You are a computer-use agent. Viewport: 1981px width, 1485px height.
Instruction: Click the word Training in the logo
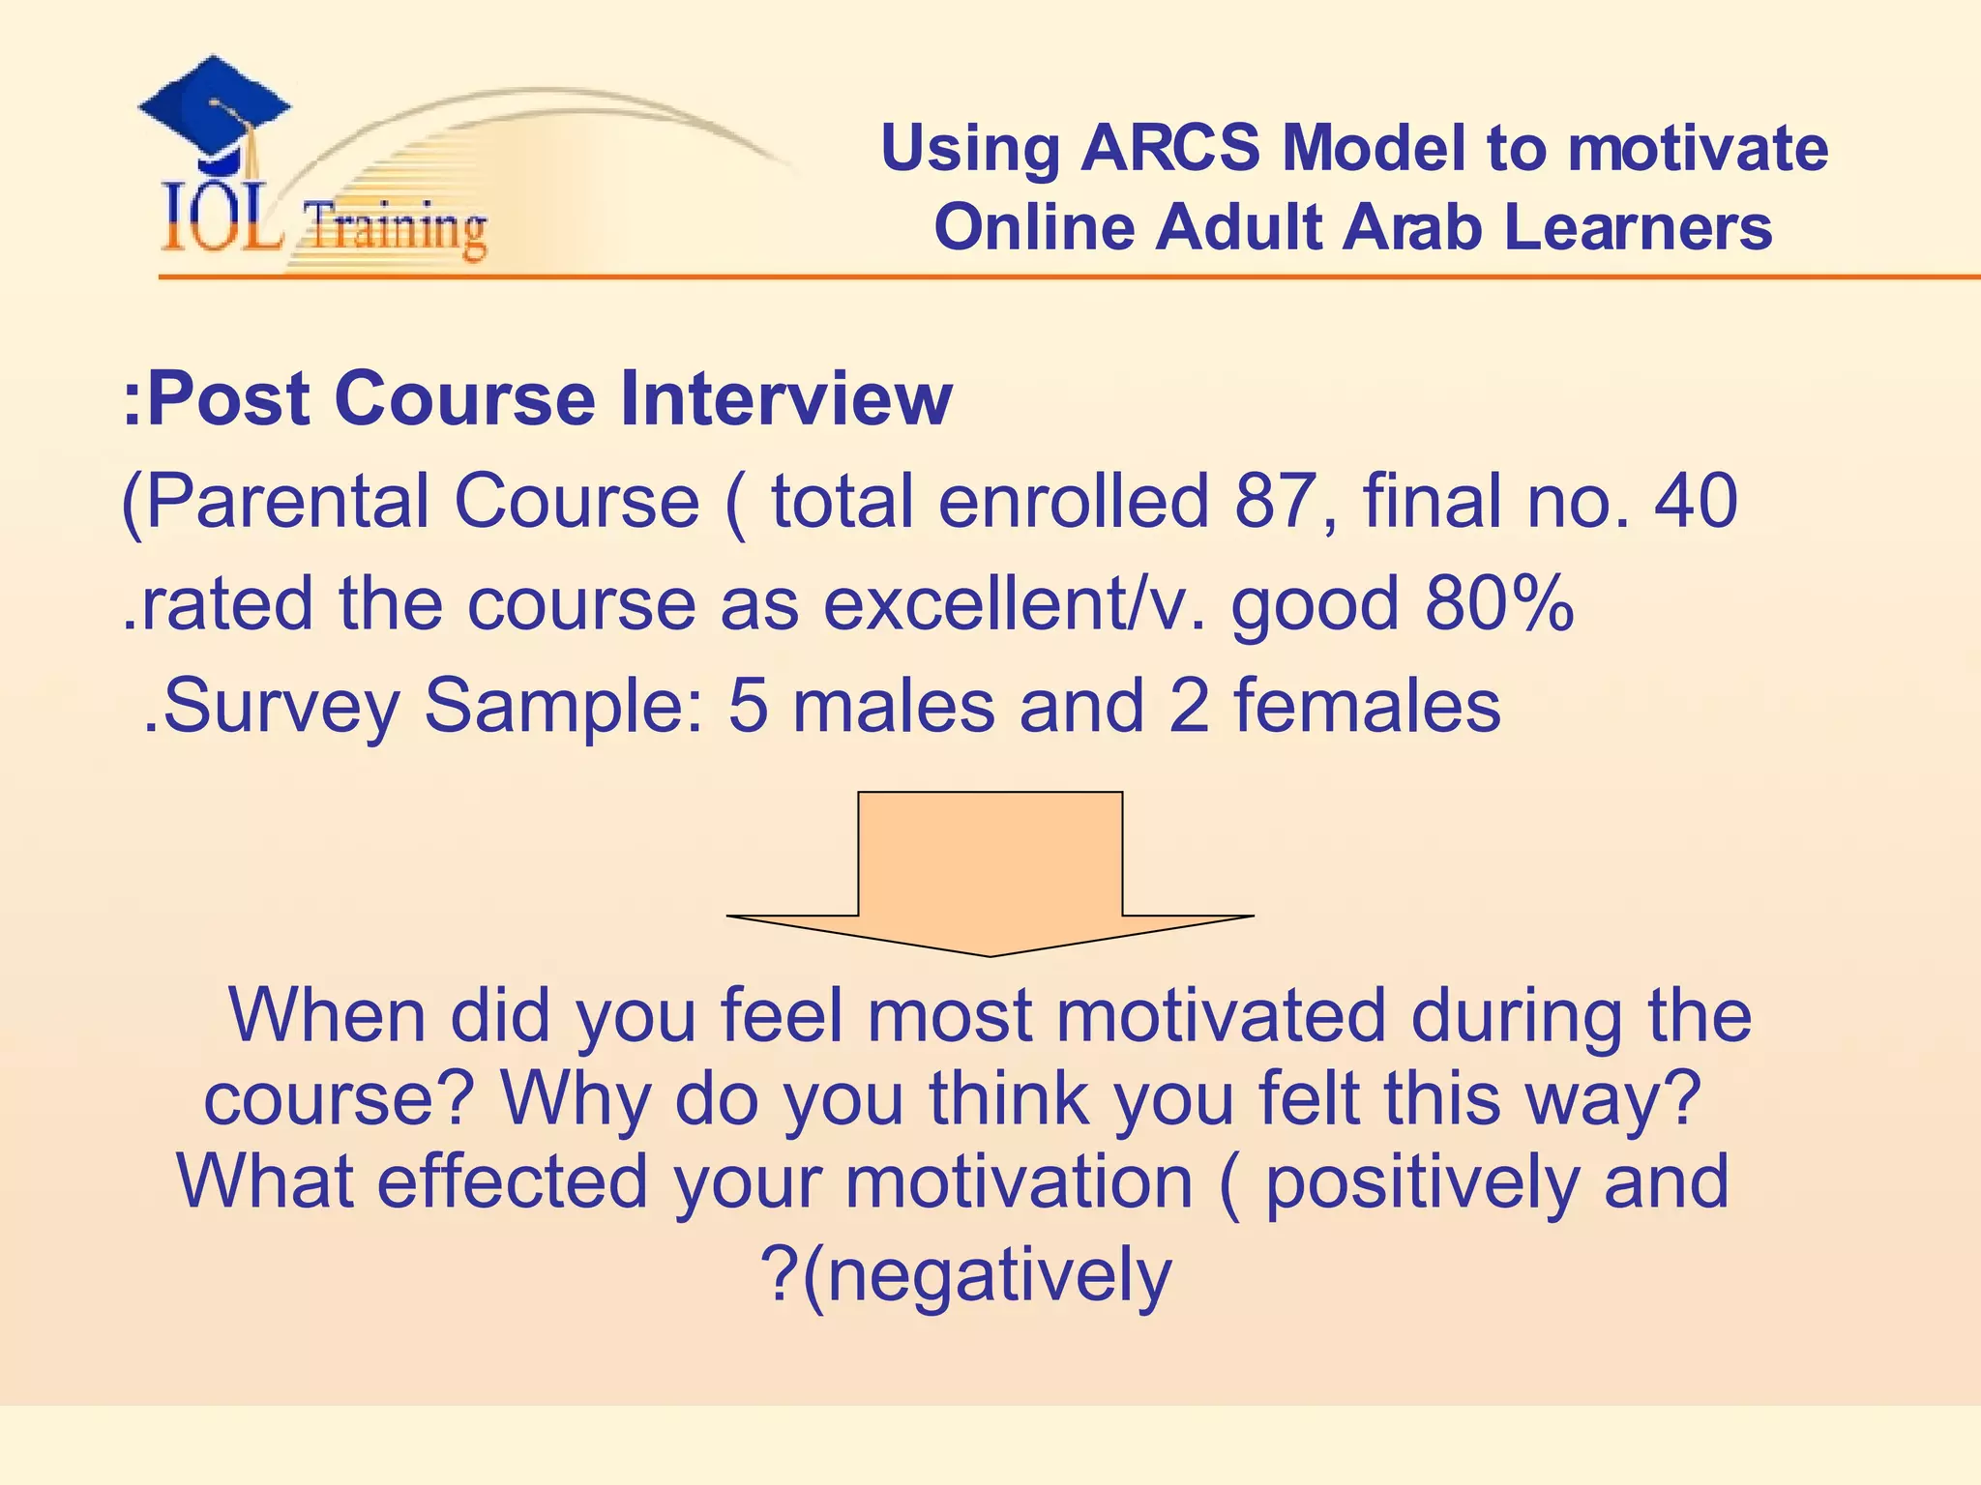(x=395, y=229)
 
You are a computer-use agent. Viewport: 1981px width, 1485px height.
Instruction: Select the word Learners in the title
(x=1638, y=228)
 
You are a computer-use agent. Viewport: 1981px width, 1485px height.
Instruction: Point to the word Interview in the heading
(x=785, y=398)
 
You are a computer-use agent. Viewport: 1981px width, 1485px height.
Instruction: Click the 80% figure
(x=1499, y=603)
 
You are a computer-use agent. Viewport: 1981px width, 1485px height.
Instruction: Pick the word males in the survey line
(x=894, y=705)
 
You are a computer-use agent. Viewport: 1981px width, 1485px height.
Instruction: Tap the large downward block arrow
(x=990, y=870)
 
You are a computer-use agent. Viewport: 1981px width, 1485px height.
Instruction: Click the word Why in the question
(x=575, y=1099)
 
